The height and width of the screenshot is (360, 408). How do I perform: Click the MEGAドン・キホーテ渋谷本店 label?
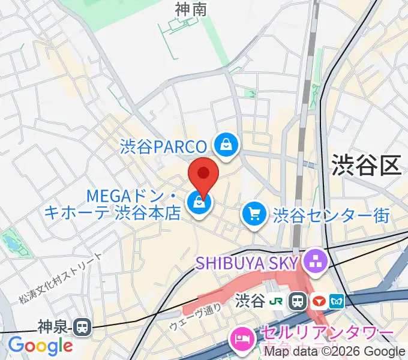pos(112,205)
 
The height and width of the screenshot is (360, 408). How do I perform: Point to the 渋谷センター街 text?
pos(331,214)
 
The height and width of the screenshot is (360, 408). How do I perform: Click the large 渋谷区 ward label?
pos(366,166)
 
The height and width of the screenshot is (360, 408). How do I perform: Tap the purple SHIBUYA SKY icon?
pos(314,261)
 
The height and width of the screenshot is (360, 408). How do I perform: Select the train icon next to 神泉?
pos(80,326)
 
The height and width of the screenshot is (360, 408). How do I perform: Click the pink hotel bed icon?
pos(242,337)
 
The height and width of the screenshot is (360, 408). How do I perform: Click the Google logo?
pos(40,345)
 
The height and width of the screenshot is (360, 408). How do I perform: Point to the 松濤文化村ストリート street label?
pos(61,277)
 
